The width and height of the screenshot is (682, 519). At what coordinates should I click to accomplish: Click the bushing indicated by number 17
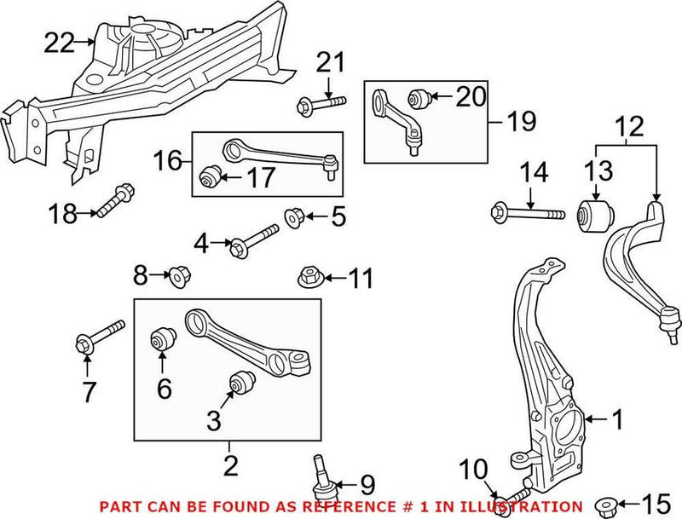(209, 177)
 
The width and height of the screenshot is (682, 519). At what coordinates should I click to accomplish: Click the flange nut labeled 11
(309, 277)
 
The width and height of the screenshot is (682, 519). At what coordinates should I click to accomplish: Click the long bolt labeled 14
(529, 210)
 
